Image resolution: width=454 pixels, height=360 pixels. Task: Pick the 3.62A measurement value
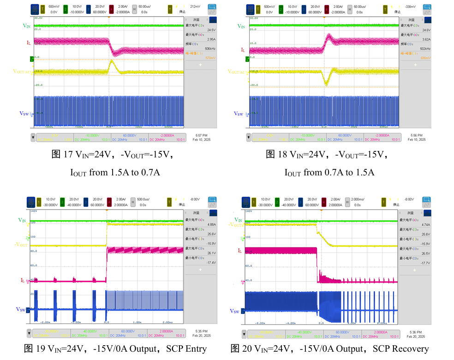[427, 40]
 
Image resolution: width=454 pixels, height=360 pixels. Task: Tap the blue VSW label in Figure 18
[239, 114]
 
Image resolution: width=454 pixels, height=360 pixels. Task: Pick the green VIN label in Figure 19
[22, 220]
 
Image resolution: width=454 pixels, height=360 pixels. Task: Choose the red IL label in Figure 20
[239, 251]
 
